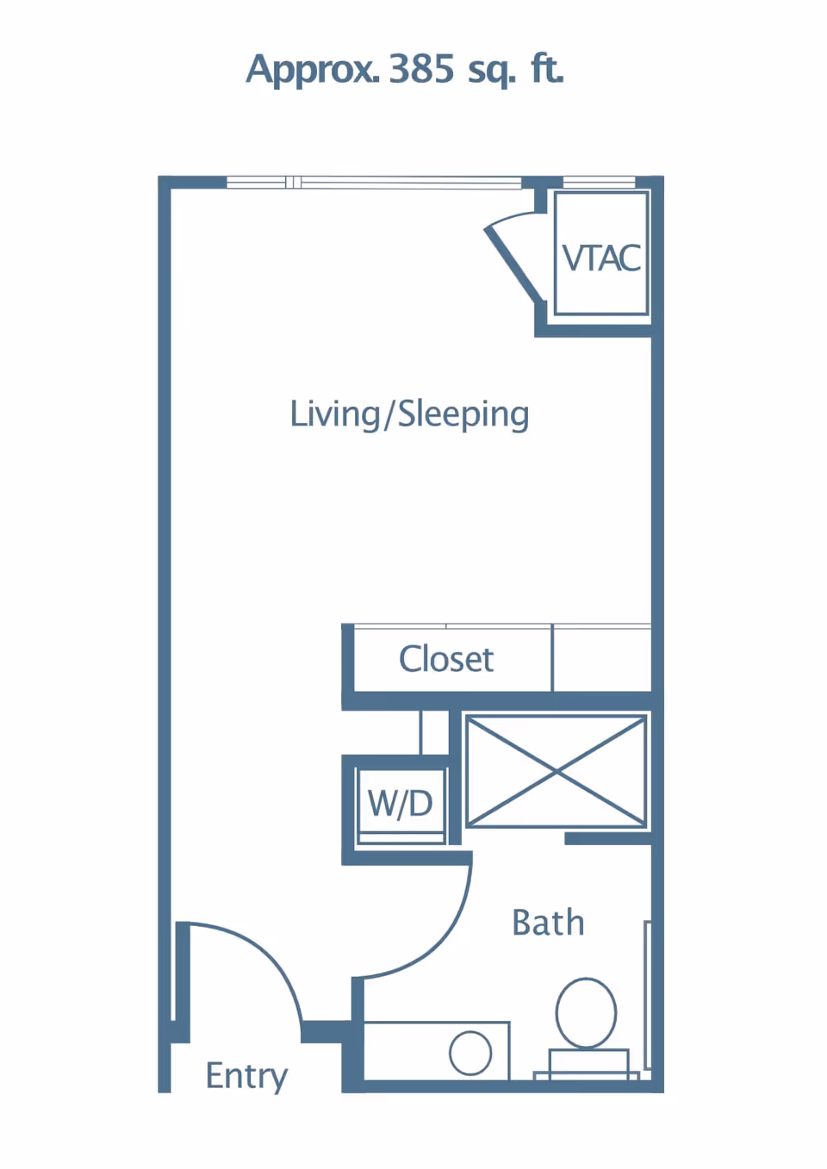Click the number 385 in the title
pyautogui.click(x=421, y=69)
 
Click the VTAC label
pyautogui.click(x=601, y=258)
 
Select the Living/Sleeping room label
pyautogui.click(x=409, y=414)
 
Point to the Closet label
pyautogui.click(x=445, y=660)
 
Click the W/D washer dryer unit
pyautogui.click(x=401, y=804)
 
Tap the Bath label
pyautogui.click(x=548, y=923)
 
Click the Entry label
pyautogui.click(x=246, y=1076)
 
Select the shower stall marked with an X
pyautogui.click(x=556, y=772)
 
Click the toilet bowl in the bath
pyautogui.click(x=586, y=1013)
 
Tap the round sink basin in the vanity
pyautogui.click(x=470, y=1053)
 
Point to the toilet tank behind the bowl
pyautogui.click(x=589, y=1063)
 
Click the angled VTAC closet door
pyautogui.click(x=515, y=263)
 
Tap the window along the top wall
pyautogui.click(x=374, y=182)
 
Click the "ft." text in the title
pyautogui.click(x=547, y=69)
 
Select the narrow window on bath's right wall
pyautogui.click(x=647, y=995)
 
